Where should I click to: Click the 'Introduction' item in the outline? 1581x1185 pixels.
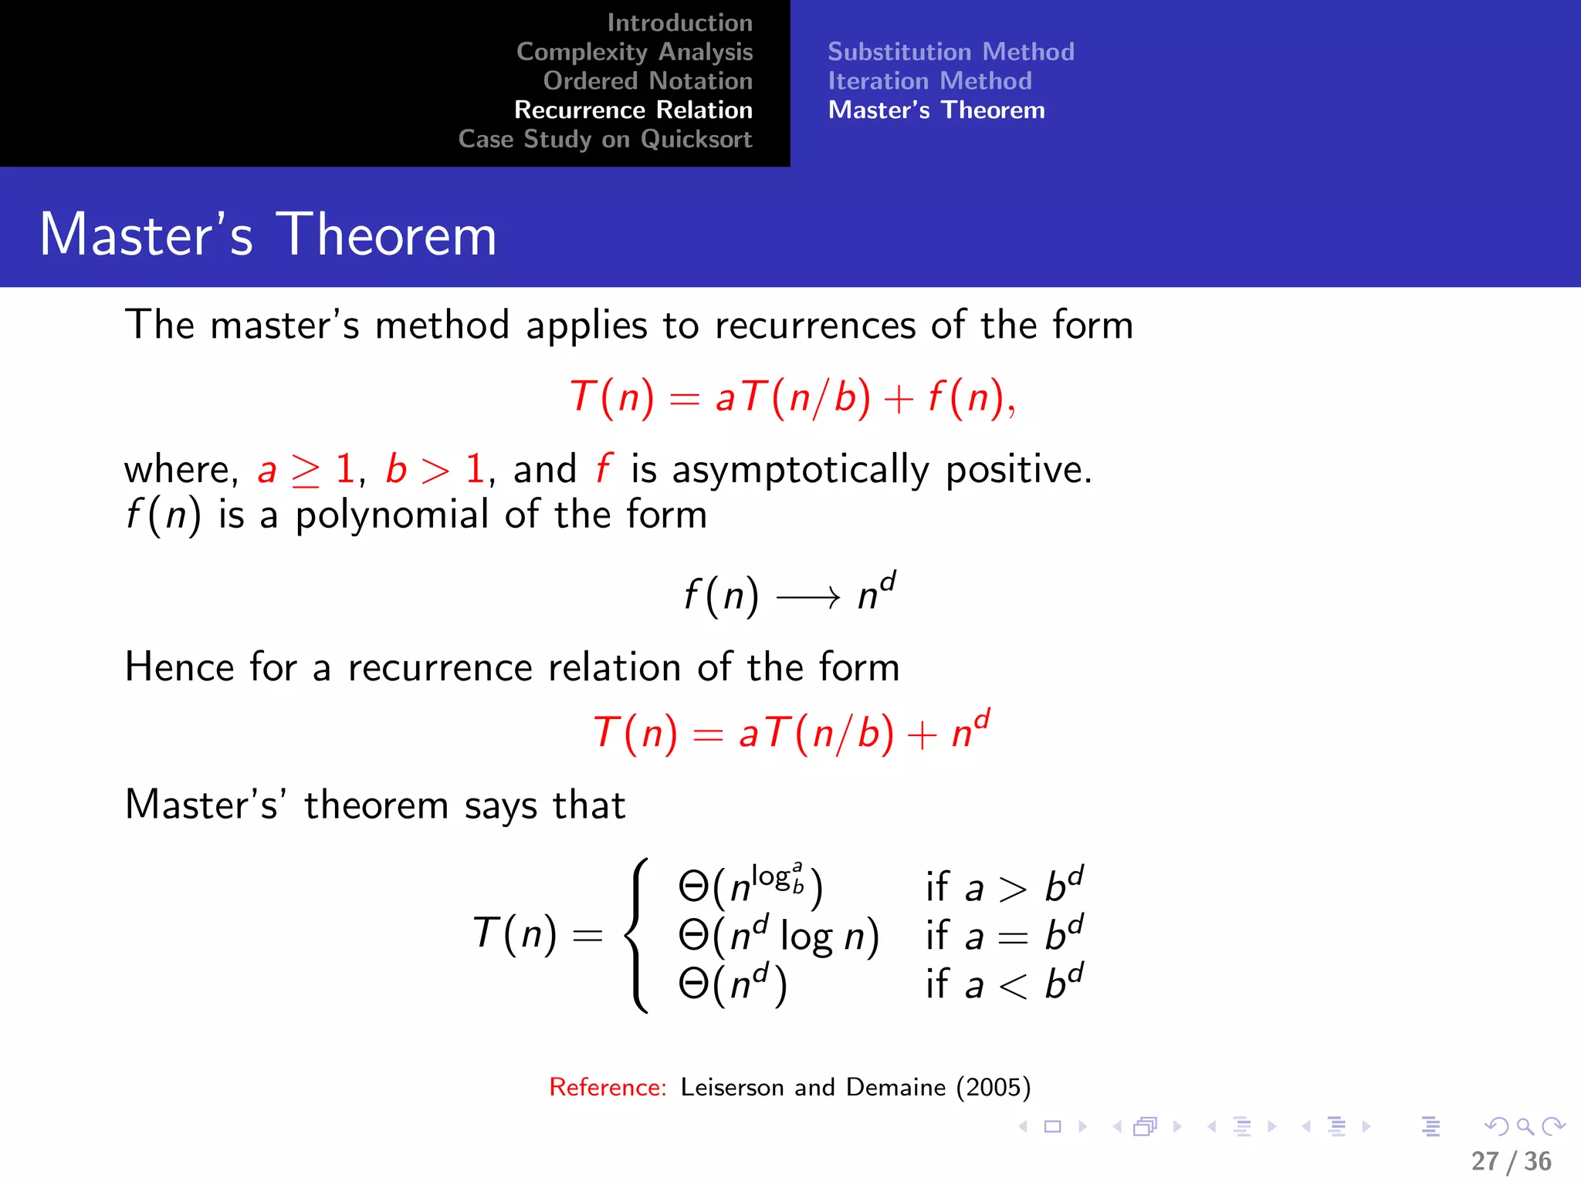pos(679,23)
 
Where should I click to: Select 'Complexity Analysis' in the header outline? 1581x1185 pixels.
pos(635,52)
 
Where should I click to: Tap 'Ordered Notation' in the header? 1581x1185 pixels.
pos(648,81)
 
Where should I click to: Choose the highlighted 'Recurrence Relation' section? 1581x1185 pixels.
pos(633,110)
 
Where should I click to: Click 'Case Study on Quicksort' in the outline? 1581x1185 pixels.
pos(605,140)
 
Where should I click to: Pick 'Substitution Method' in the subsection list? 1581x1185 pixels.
pos(951,52)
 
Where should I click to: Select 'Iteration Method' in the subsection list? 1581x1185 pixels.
pos(929,81)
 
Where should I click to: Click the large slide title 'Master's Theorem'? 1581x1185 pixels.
pos(268,235)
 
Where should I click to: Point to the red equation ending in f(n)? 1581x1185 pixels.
pos(792,398)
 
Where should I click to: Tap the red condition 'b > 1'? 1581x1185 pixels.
pos(435,469)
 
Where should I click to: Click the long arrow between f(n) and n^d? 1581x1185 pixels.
pos(807,596)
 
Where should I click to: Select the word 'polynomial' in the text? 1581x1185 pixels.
pos(391,515)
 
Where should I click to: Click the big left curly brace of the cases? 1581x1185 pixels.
pos(637,935)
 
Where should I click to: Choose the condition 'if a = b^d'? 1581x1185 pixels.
pos(1004,935)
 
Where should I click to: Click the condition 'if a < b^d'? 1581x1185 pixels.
pos(1004,984)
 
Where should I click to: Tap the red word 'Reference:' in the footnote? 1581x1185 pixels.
pos(608,1087)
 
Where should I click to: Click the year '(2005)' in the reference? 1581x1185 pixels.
pos(994,1087)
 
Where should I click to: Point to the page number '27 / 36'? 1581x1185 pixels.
pos(1511,1161)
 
